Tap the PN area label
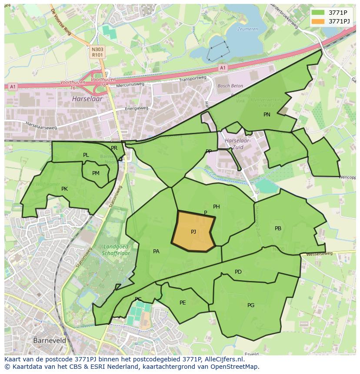tap(267, 115)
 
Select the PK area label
tap(64, 189)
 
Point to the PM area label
tap(96, 173)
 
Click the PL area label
tap(86, 155)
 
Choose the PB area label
tap(278, 228)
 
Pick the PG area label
tap(251, 305)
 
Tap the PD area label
tap(238, 272)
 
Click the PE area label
tap(183, 303)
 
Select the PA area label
tap(156, 251)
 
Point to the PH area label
tap(216, 207)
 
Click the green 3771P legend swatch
tap(318, 13)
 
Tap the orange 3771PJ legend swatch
tap(318, 21)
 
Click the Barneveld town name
tap(50, 341)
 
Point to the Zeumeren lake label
tap(248, 29)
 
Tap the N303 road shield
tap(97, 50)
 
